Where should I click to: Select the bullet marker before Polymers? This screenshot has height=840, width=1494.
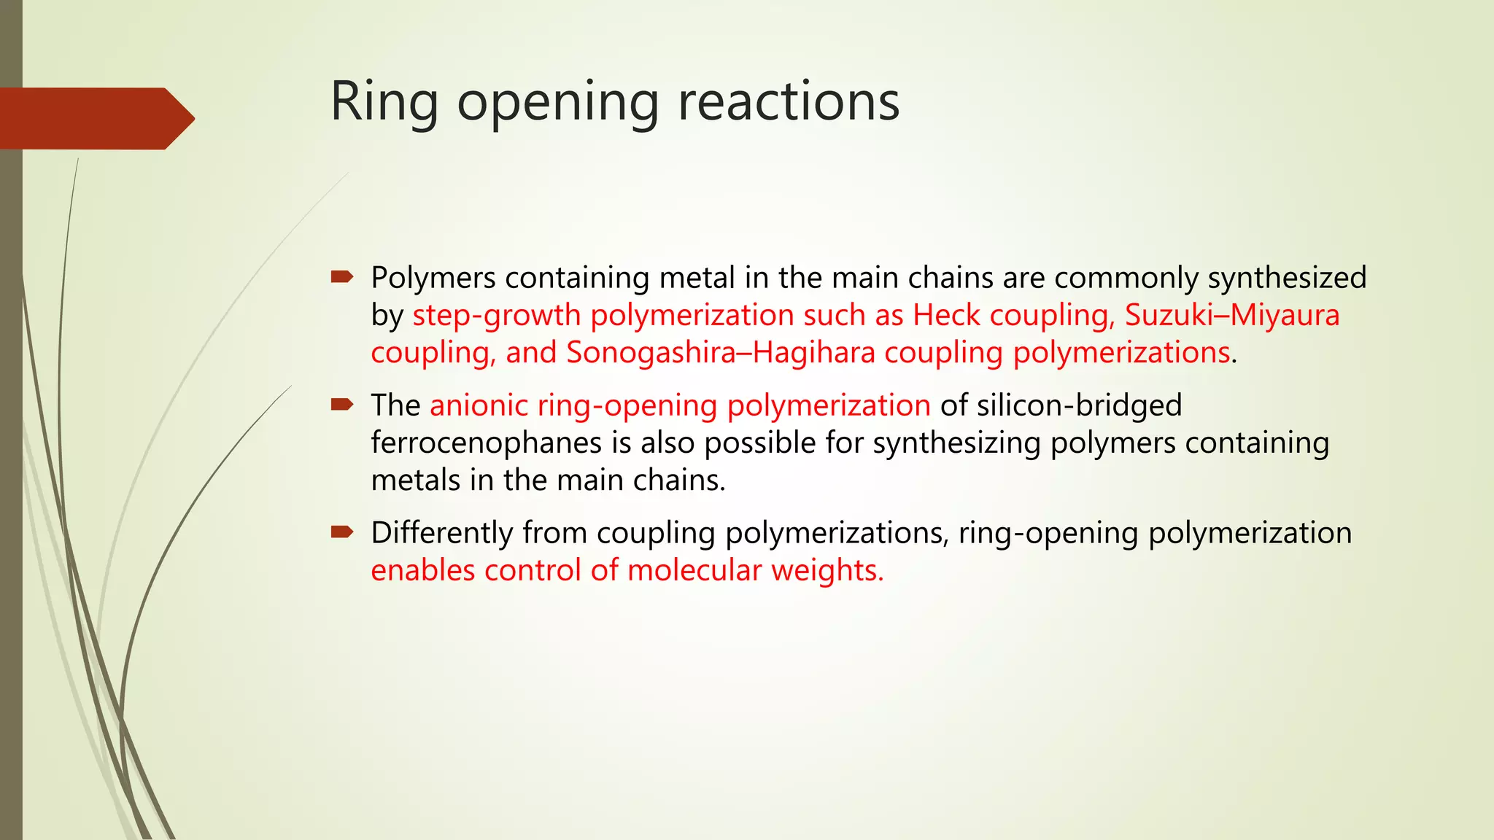(341, 276)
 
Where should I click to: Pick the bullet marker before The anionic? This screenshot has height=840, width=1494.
(341, 404)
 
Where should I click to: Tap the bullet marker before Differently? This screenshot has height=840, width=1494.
(341, 532)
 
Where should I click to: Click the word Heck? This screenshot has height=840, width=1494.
(946, 315)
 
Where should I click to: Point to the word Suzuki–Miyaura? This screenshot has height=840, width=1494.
(1232, 315)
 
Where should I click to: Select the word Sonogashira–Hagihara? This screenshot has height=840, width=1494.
(721, 352)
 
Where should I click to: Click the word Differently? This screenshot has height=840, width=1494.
(441, 533)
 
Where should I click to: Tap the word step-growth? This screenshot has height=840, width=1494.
(496, 315)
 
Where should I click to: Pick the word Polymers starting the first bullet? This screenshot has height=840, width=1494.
(433, 278)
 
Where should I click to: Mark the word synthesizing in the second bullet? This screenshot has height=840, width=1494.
(956, 443)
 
